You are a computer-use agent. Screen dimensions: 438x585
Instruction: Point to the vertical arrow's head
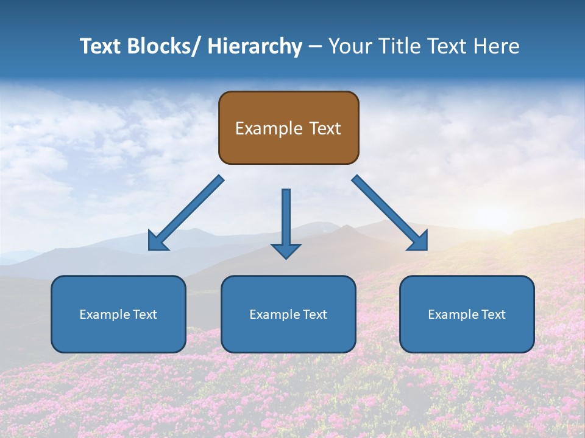coord(286,250)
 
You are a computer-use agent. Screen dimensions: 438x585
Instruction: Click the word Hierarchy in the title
coord(254,46)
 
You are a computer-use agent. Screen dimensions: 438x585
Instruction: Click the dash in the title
coord(315,46)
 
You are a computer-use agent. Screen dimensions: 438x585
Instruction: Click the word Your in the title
coord(349,46)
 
